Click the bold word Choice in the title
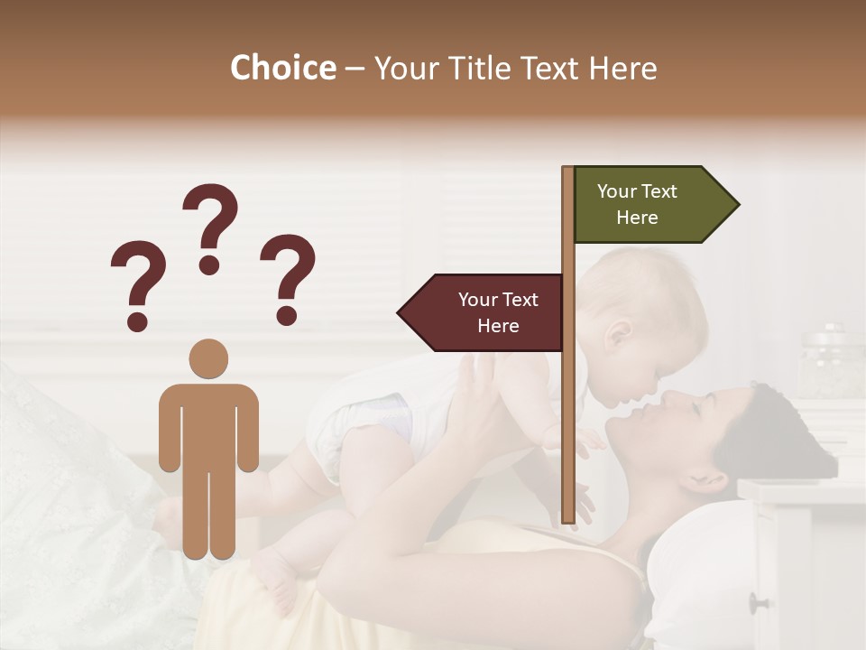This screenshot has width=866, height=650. coord(282,69)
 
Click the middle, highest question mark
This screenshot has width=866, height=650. coord(210,226)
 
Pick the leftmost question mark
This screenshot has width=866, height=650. coord(137,284)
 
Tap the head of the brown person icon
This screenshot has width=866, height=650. coord(208,358)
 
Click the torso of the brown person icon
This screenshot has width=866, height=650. coord(208,424)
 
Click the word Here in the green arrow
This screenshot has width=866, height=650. coord(637,218)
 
